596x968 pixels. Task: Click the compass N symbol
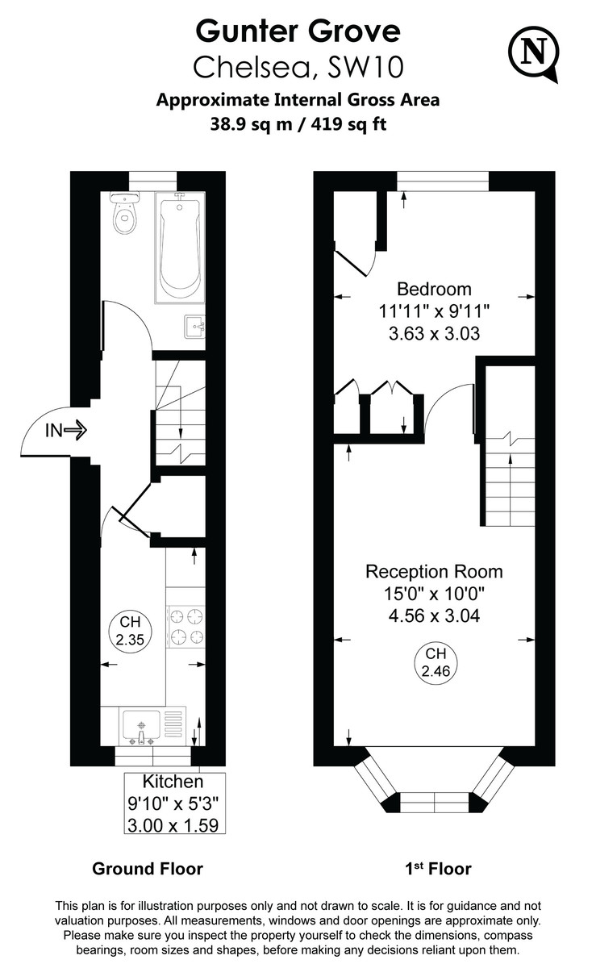[x=533, y=54]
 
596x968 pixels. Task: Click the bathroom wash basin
[x=194, y=327]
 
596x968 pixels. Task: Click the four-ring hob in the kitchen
[x=185, y=627]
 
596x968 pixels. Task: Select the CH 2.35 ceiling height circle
[x=130, y=632]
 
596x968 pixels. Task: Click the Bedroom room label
[x=434, y=289]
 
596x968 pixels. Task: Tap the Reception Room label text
[x=434, y=572]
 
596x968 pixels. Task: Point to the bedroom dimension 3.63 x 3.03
[x=434, y=334]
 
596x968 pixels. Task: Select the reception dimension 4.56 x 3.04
[x=434, y=615]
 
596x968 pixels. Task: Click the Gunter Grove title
[x=298, y=31]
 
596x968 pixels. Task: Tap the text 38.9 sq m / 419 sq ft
[x=298, y=124]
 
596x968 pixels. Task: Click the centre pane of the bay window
[x=435, y=802]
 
